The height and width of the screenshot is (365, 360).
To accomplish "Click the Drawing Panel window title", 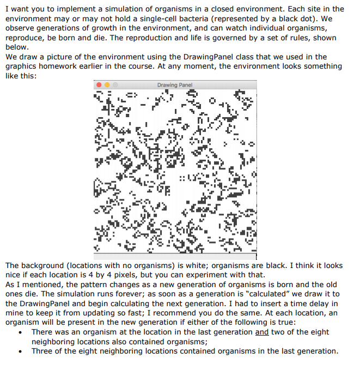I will pyautogui.click(x=174, y=85).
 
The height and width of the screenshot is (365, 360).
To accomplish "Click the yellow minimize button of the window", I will pyautogui.click(x=107, y=86).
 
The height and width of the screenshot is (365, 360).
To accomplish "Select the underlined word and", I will pyautogui.click(x=262, y=332).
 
